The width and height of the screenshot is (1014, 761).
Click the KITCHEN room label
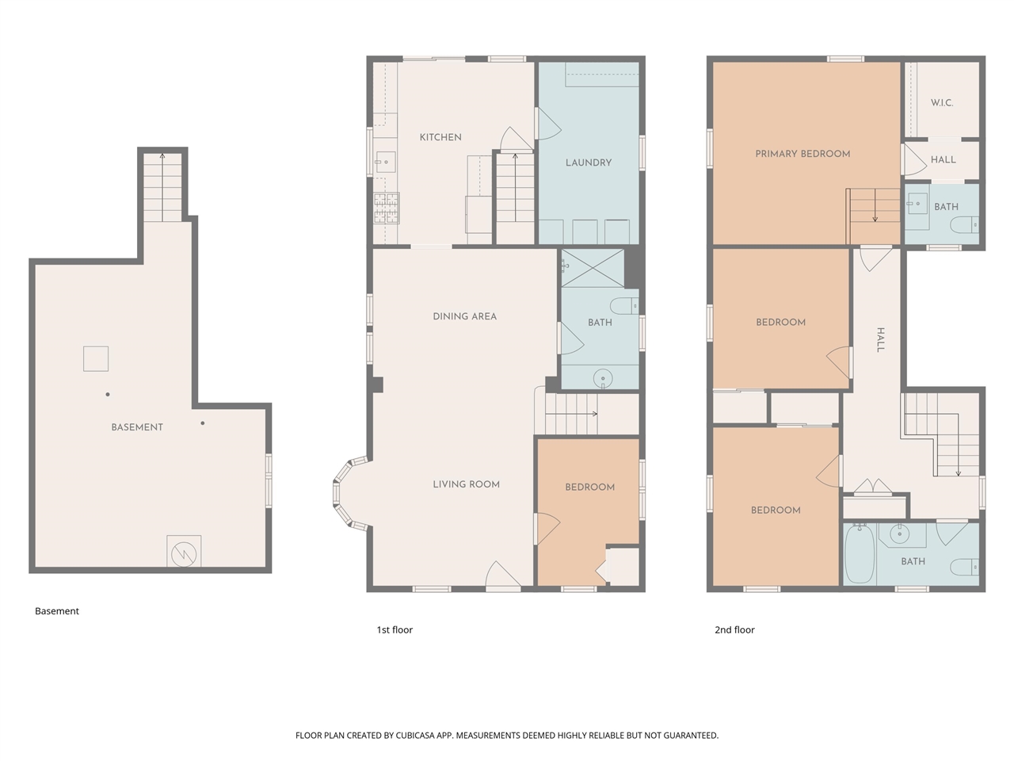coord(440,137)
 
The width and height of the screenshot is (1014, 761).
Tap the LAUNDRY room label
coord(589,163)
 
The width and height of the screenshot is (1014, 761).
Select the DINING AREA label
coord(465,316)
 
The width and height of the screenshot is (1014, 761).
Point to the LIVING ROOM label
coord(466,484)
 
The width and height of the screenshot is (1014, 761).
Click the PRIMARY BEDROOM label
coord(802,154)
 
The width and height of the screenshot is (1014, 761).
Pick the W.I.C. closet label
coord(942,103)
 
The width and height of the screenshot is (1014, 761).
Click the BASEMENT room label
coord(137,427)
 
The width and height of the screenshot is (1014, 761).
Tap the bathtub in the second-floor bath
coord(859,555)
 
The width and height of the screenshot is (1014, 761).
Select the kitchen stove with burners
coord(386,208)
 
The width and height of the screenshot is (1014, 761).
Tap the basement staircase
coord(162,189)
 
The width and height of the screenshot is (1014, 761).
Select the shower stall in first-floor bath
coord(593,268)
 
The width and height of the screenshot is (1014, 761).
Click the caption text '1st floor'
coord(395,630)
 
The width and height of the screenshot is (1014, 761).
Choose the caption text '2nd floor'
coord(734,630)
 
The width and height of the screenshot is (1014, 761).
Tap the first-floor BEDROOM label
coord(589,488)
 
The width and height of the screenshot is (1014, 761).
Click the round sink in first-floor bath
coord(604,378)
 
